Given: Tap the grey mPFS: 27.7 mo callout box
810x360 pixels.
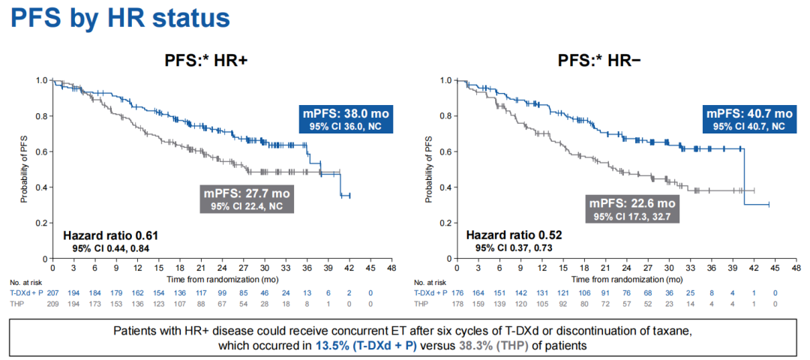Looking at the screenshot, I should tap(244, 198).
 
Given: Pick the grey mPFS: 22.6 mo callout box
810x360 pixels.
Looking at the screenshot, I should tap(632, 208).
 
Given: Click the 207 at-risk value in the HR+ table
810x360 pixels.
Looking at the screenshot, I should tap(52, 292).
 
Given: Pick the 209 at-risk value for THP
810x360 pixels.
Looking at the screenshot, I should tap(52, 303).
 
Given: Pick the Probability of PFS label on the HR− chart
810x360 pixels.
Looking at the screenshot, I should tap(429, 169).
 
